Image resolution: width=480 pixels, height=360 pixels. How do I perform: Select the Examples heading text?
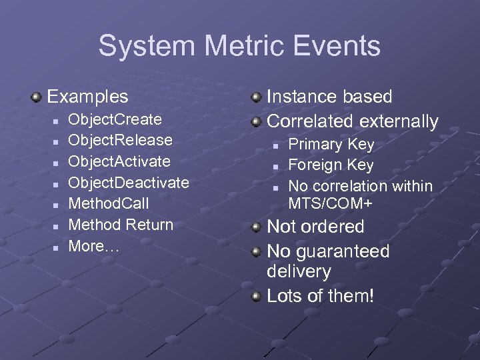pyautogui.click(x=87, y=97)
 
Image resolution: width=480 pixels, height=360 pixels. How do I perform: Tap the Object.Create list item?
pyautogui.click(x=115, y=119)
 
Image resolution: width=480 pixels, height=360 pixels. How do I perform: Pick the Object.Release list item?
pyautogui.click(x=120, y=140)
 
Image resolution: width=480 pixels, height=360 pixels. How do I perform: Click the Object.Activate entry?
pyautogui.click(x=119, y=161)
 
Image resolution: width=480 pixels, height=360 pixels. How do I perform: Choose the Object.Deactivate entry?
pyautogui.click(x=129, y=183)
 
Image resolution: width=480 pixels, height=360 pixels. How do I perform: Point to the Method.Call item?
pyautogui.click(x=109, y=203)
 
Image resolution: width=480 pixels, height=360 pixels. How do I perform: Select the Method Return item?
pyautogui.click(x=121, y=225)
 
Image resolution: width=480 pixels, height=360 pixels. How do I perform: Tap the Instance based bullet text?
pyautogui.click(x=329, y=97)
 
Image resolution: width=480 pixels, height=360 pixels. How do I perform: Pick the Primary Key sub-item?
pyautogui.click(x=331, y=144)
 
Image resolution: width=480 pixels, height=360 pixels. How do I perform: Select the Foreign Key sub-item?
pyautogui.click(x=331, y=165)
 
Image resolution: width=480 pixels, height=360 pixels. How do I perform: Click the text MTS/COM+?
pyautogui.click(x=330, y=201)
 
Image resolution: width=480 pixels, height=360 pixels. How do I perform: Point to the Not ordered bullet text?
pyautogui.click(x=315, y=227)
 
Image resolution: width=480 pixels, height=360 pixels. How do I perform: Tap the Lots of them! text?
pyautogui.click(x=320, y=296)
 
